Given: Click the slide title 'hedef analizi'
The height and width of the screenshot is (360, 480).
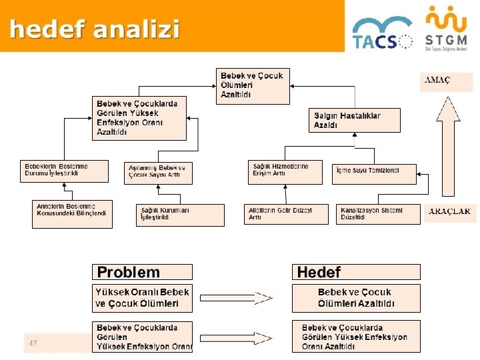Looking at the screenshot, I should tap(95, 29).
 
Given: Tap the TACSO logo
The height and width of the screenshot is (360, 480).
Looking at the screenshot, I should tap(382, 33).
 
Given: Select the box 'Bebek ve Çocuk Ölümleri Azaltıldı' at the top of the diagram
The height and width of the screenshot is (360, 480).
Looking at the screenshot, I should tap(253, 85).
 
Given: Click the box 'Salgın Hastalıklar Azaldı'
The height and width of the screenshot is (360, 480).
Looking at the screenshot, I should tap(355, 121).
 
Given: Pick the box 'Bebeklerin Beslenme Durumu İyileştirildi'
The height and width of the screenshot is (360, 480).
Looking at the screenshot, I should tap(64, 170).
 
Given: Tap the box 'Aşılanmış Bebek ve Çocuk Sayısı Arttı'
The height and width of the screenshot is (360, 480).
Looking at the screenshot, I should tap(158, 173).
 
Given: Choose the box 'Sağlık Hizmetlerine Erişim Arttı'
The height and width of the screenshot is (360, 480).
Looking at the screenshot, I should tap(284, 171).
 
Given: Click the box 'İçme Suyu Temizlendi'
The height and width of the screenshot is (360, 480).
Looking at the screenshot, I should tap(374, 173).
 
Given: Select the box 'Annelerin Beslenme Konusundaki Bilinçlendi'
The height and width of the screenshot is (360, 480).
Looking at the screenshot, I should tap(72, 213).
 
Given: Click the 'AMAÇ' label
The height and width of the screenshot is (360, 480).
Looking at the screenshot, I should tap(437, 80).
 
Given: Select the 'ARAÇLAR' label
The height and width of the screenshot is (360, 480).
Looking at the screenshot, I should tap(449, 212).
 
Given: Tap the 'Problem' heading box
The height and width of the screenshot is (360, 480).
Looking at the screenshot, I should tap(142, 272).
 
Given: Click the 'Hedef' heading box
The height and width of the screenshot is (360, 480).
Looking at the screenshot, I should tap(356, 272).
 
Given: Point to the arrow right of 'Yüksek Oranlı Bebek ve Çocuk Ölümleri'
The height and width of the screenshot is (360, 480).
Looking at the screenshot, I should tap(236, 298).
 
